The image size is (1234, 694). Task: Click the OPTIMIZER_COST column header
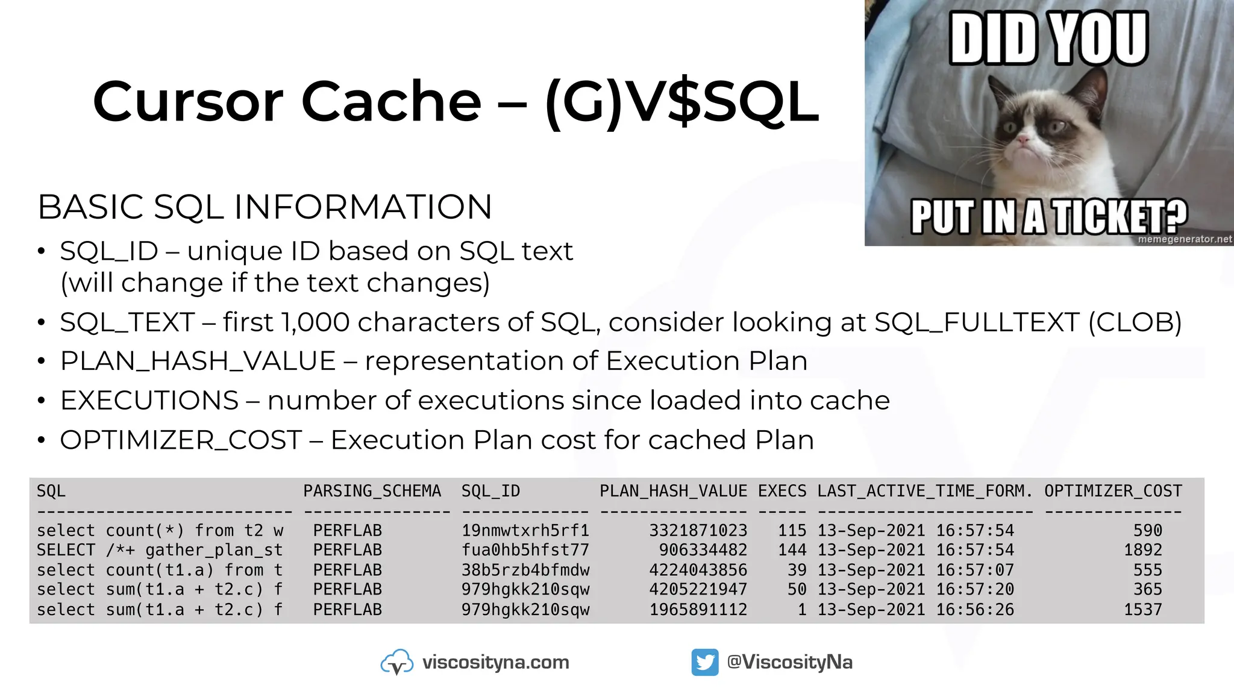click(1113, 491)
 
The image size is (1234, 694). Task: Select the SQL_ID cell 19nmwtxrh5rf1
click(525, 531)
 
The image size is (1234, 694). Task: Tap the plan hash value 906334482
click(703, 550)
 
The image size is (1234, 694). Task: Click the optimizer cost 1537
click(1142, 610)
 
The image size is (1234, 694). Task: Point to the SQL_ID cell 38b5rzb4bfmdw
click(525, 570)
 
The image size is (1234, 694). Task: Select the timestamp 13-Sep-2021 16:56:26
click(915, 610)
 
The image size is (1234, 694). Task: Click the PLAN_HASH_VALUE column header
click(673, 491)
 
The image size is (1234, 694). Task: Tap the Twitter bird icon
click(705, 662)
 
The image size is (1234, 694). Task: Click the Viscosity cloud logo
click(396, 662)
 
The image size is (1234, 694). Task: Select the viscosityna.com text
click(495, 662)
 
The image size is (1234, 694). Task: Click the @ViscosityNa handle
click(789, 662)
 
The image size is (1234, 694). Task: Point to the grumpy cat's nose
click(1024, 140)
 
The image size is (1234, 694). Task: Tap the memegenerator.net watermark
click(1185, 239)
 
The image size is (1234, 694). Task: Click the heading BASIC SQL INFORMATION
click(265, 207)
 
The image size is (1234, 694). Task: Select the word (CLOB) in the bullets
click(1135, 322)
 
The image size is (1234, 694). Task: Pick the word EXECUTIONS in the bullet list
click(149, 401)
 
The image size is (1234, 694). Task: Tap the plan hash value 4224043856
click(698, 570)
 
